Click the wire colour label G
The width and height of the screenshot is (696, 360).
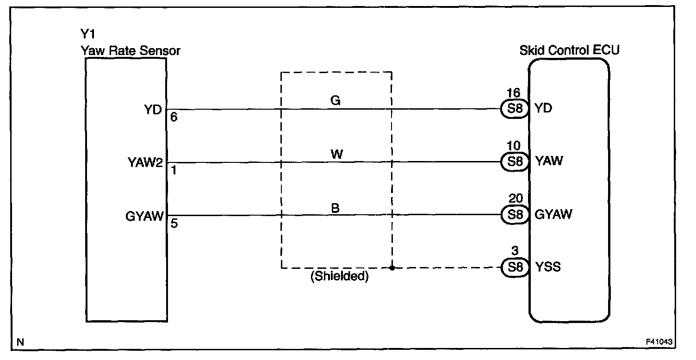pyautogui.click(x=336, y=100)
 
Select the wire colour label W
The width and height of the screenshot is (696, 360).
pyautogui.click(x=337, y=154)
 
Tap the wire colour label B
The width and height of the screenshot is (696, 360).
pyautogui.click(x=336, y=208)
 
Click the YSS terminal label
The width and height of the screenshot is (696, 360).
pyautogui.click(x=548, y=267)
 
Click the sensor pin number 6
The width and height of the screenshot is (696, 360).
pyautogui.click(x=174, y=118)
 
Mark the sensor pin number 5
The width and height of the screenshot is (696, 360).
pyautogui.click(x=174, y=223)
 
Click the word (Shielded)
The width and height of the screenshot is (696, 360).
pyautogui.click(x=339, y=277)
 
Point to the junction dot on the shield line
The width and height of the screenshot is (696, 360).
pyautogui.click(x=392, y=268)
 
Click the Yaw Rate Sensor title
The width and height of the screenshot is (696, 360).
pyautogui.click(x=130, y=51)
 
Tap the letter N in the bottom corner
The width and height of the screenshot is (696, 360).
pyautogui.click(x=19, y=342)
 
